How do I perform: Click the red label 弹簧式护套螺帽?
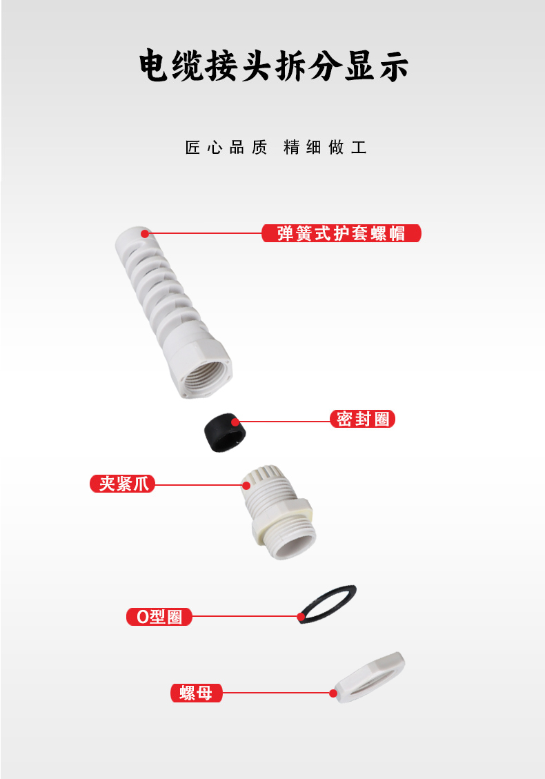pyautogui.click(x=341, y=233)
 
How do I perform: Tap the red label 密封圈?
pyautogui.click(x=362, y=419)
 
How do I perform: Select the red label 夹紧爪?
pyautogui.click(x=122, y=484)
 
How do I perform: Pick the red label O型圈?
pyautogui.click(x=159, y=617)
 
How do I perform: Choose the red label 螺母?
pyautogui.click(x=196, y=693)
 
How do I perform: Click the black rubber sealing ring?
pyautogui.click(x=225, y=433)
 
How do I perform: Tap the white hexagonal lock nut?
pyautogui.click(x=370, y=677)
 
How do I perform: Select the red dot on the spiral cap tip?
pyautogui.click(x=145, y=233)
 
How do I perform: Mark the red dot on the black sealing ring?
pyautogui.click(x=235, y=422)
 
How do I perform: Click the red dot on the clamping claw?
pyautogui.click(x=246, y=485)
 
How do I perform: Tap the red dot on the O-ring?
pyautogui.click(x=301, y=617)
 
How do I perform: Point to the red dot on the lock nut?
pyautogui.click(x=333, y=693)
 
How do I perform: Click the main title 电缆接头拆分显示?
pyautogui.click(x=273, y=66)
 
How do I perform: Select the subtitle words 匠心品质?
pyautogui.click(x=226, y=147)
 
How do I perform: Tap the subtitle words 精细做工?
pyautogui.click(x=325, y=147)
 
